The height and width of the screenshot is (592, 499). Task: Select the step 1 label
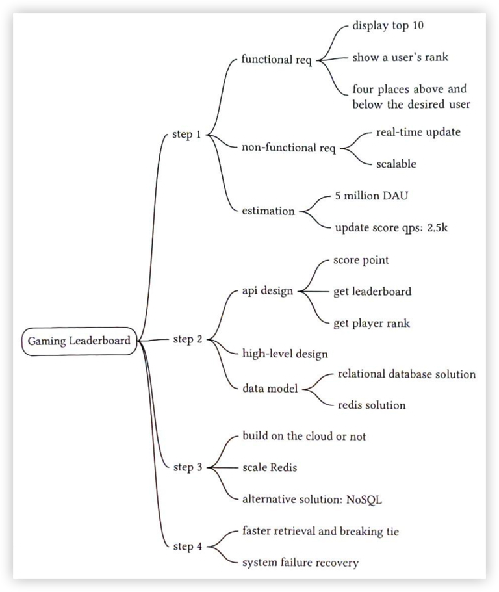(186, 135)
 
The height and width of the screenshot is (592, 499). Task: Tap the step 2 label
(188, 340)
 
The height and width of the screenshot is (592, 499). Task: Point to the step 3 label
(188, 468)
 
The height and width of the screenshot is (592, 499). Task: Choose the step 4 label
(188, 547)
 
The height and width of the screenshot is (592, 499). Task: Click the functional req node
(276, 60)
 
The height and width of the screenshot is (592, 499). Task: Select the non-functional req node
(288, 148)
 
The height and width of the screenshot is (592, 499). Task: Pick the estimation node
(268, 211)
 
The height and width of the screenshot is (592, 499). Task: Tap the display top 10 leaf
(388, 26)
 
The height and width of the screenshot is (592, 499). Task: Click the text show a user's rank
(400, 57)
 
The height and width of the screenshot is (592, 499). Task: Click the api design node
(267, 291)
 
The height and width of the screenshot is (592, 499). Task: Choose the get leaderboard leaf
(372, 292)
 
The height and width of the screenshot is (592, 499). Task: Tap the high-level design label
(285, 354)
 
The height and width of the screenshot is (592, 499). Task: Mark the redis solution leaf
(371, 405)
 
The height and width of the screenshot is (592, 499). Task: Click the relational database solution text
(406, 374)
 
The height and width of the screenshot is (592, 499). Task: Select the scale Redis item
(270, 468)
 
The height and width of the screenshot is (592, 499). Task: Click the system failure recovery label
(300, 563)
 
